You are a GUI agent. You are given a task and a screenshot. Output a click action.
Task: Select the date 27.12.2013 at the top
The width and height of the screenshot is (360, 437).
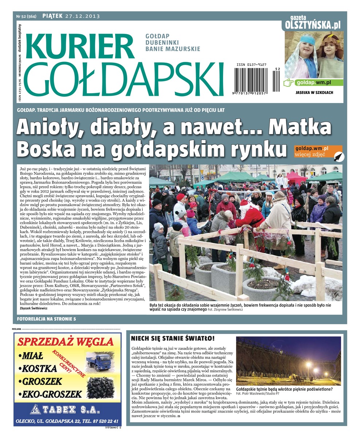[82, 16]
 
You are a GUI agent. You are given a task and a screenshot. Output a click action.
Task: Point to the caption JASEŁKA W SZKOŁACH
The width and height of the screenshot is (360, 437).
[314, 92]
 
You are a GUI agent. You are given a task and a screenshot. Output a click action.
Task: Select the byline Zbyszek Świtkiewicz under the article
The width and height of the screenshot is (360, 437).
[36, 308]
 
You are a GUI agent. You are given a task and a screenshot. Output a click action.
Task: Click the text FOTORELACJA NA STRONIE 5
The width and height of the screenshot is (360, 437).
[47, 319]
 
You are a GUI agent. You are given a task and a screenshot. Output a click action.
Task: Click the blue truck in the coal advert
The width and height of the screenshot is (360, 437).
[97, 360]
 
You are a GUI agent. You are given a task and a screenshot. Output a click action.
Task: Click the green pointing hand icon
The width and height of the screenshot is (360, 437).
[289, 83]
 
